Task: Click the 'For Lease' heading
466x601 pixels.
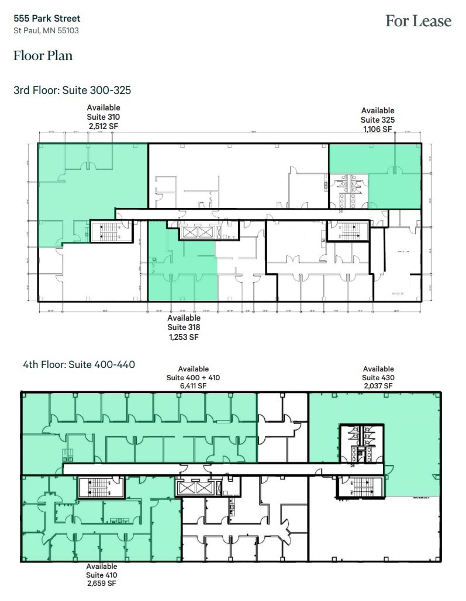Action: click(418, 21)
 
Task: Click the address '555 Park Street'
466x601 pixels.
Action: click(47, 19)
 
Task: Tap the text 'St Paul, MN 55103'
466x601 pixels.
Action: click(46, 30)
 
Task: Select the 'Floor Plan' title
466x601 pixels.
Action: click(43, 56)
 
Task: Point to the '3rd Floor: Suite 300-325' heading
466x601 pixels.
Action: click(72, 91)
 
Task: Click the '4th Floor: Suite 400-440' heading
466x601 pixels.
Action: click(74, 364)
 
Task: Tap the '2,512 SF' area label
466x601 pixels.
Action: click(103, 125)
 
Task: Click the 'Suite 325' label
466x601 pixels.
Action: click(378, 120)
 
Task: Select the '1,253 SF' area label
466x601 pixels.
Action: click(184, 337)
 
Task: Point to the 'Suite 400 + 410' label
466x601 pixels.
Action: click(193, 377)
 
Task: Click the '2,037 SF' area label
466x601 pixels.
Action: click(378, 385)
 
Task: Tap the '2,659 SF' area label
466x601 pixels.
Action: click(102, 583)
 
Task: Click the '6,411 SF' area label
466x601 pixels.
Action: click(193, 385)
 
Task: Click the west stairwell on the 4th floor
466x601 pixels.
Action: click(101, 487)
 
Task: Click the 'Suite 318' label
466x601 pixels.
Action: click(184, 328)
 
